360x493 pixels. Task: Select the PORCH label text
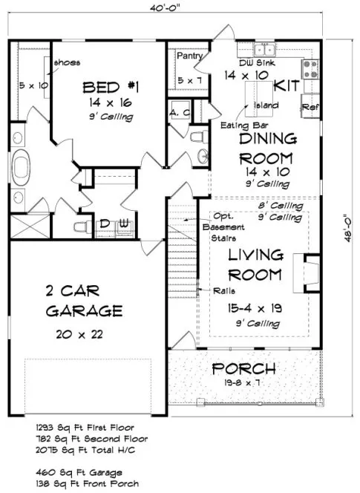click(244, 369)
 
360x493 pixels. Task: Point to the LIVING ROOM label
click(244, 264)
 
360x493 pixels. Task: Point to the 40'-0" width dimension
click(168, 10)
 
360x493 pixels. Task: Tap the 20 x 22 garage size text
click(79, 336)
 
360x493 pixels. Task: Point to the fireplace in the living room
click(310, 272)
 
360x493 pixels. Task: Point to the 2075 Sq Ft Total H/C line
click(79, 449)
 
